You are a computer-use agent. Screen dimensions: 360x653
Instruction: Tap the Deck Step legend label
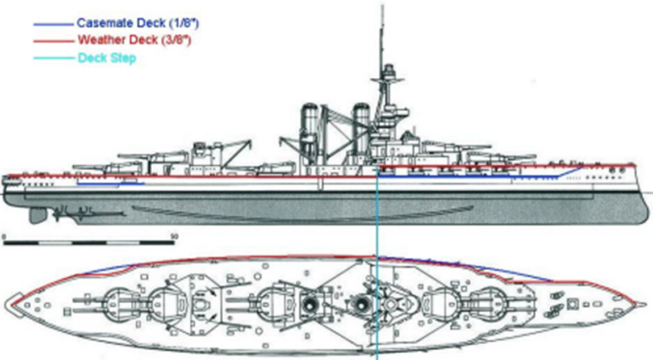click(106, 58)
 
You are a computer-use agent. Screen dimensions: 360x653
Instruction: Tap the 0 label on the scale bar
click(3, 235)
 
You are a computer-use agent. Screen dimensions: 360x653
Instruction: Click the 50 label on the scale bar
click(174, 235)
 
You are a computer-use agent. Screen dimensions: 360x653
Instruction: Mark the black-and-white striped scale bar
click(89, 242)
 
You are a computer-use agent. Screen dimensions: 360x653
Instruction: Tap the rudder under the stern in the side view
click(38, 215)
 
